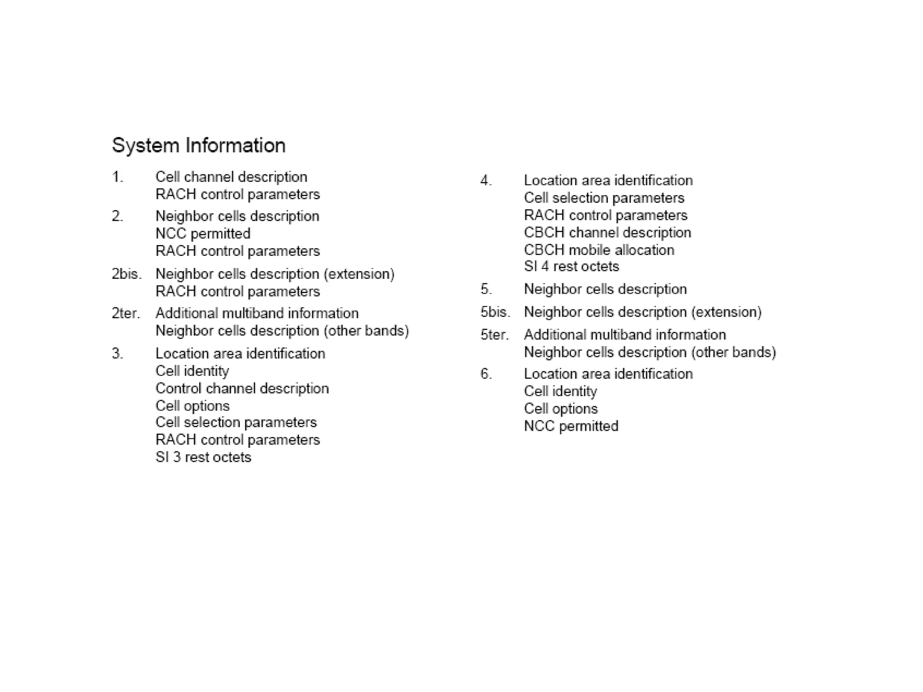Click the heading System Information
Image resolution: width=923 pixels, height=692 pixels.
tap(198, 146)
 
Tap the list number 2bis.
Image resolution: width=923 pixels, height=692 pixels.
tap(127, 274)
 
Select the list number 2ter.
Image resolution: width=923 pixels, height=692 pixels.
tap(126, 313)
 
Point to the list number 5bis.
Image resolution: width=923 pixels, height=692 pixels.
tap(495, 312)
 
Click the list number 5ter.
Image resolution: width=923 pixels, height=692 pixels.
tap(494, 335)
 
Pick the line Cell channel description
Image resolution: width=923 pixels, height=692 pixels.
tap(231, 177)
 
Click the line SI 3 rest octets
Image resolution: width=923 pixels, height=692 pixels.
tap(203, 457)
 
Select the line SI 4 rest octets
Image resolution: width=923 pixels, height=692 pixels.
tap(571, 266)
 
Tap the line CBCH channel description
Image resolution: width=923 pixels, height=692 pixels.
tap(607, 232)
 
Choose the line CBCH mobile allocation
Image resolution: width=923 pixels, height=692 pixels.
tap(599, 250)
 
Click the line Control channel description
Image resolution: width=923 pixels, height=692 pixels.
tap(242, 388)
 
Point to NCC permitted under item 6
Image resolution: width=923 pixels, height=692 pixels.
tap(571, 426)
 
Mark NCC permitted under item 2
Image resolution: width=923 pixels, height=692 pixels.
tap(203, 233)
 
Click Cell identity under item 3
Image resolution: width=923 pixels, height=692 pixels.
tap(192, 371)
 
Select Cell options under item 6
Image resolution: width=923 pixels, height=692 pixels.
tap(561, 409)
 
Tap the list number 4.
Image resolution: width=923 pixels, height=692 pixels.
tap(486, 181)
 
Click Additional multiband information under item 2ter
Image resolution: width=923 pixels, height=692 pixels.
tap(257, 313)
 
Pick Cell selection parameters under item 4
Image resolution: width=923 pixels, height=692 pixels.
tap(604, 198)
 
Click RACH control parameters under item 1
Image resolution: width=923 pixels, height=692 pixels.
tap(238, 194)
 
